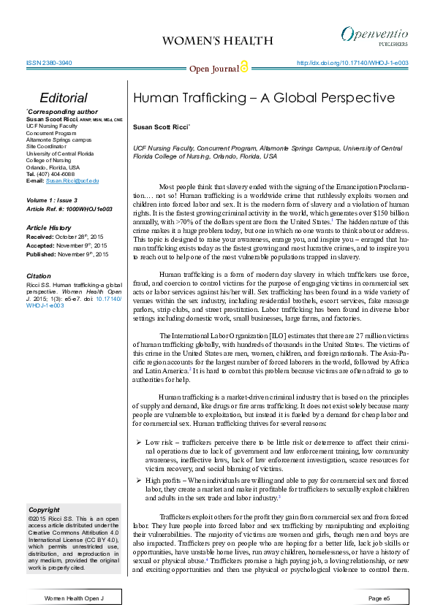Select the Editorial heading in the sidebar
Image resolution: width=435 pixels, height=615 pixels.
point(64,99)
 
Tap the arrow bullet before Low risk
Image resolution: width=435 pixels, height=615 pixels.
point(139,443)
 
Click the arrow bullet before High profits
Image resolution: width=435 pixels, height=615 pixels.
point(139,479)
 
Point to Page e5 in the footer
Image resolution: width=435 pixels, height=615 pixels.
point(379,598)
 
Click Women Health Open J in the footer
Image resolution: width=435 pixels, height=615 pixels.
point(75,598)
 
